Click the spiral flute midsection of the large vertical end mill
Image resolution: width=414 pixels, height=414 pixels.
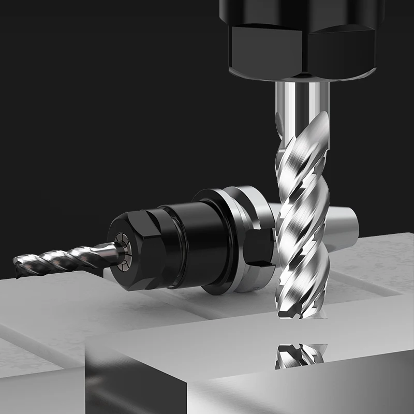[x=303, y=217]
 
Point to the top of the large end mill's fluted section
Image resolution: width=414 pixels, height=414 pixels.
[x=305, y=124]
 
